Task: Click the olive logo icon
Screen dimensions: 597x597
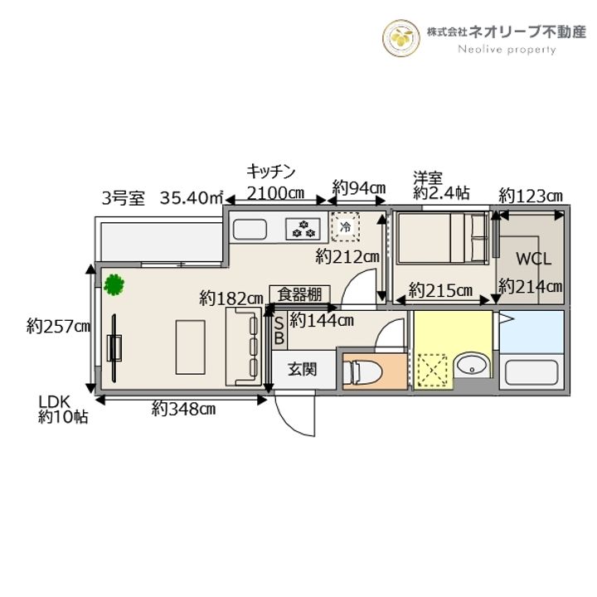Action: (402, 36)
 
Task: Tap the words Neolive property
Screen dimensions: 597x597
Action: (507, 50)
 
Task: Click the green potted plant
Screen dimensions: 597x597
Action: (114, 284)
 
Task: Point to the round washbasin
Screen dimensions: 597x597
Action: (472, 366)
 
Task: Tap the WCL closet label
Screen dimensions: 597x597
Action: (533, 259)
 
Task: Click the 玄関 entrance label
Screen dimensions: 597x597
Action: (302, 370)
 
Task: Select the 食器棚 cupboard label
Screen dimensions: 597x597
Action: (300, 294)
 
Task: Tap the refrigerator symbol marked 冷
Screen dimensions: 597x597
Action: (343, 226)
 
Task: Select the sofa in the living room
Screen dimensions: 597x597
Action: (243, 346)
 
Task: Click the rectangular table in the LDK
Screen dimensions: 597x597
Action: (189, 346)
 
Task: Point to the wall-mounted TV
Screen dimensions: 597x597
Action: (114, 346)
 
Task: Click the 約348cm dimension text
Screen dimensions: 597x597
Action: (183, 409)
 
